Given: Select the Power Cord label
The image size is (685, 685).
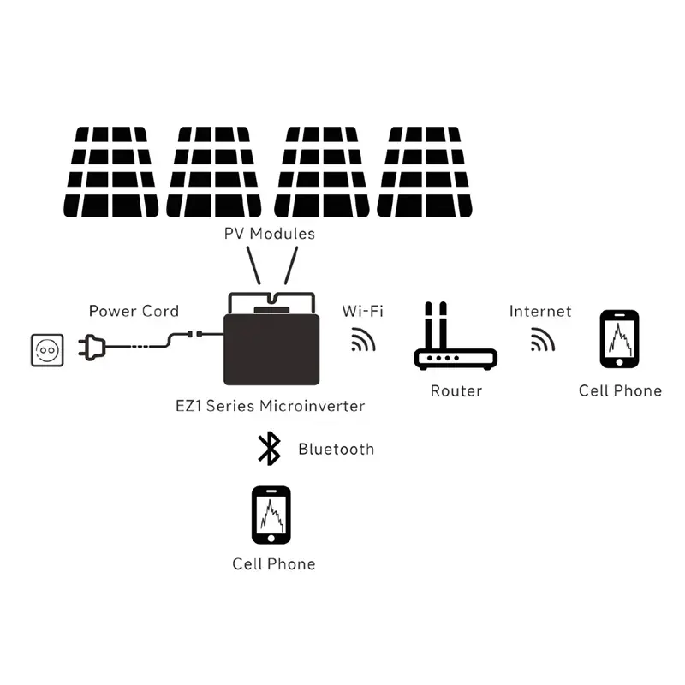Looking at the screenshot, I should click(x=134, y=311).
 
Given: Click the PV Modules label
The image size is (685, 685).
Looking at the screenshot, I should click(x=270, y=234).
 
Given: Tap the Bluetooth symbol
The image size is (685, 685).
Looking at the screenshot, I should click(x=270, y=449).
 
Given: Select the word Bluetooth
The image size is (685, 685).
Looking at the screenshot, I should click(x=336, y=449).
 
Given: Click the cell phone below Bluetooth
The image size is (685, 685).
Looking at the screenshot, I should click(x=271, y=515).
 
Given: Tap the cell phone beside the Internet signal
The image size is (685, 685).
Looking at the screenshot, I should click(x=619, y=340).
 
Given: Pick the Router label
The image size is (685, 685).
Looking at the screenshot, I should click(x=456, y=391).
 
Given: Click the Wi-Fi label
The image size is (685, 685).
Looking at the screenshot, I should click(x=362, y=311).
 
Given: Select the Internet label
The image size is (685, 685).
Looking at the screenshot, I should click(x=540, y=311).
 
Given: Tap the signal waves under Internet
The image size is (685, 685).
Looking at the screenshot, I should click(x=541, y=341).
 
